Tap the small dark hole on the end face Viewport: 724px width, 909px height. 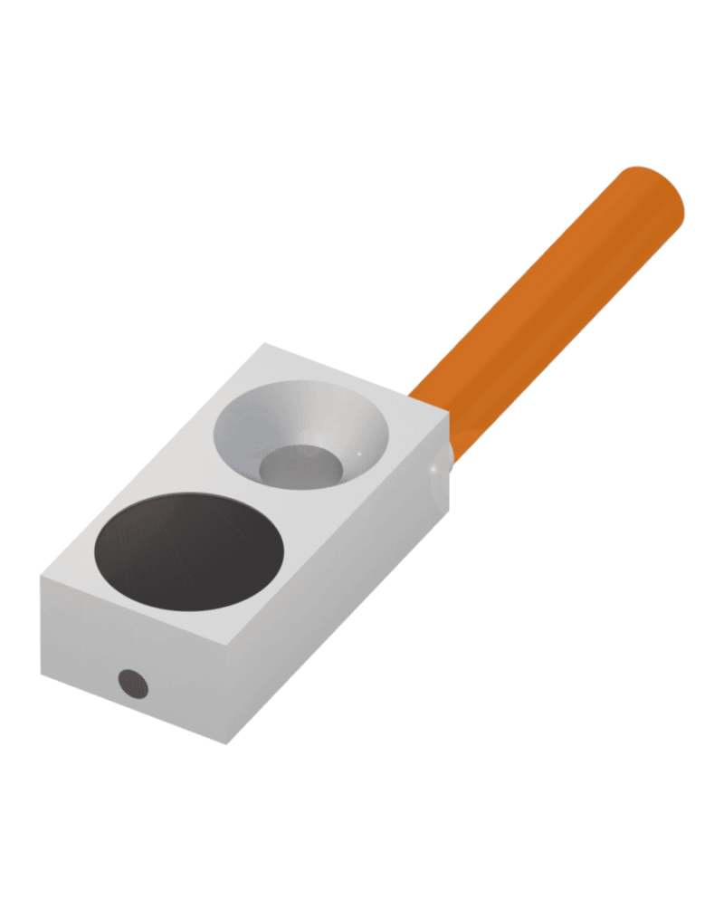click(x=133, y=683)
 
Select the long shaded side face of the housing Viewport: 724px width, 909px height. click(x=344, y=616)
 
